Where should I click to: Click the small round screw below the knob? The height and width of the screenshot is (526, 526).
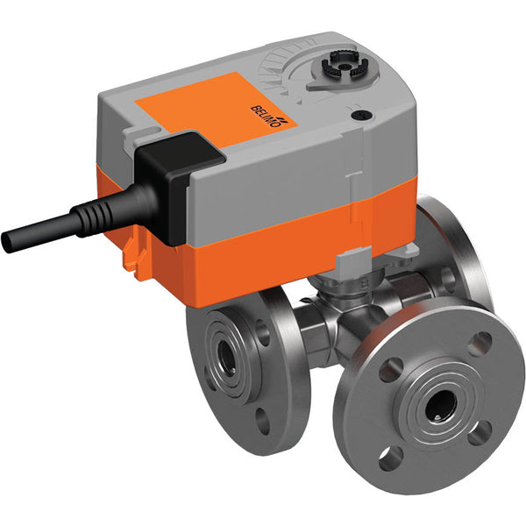[358, 113]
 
